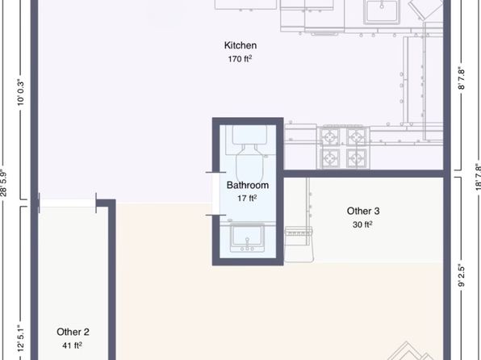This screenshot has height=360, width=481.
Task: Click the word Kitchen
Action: pos(240,45)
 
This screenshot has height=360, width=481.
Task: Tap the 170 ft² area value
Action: pos(240,58)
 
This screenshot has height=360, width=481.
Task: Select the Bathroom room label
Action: pos(247,184)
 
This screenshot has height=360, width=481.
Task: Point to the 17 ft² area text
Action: pos(247,197)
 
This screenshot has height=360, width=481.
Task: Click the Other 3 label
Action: pos(363,211)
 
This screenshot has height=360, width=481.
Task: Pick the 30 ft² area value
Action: pos(363,224)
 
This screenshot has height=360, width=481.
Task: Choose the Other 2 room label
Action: pos(73,332)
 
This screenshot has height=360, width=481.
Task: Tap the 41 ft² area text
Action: pos(73,345)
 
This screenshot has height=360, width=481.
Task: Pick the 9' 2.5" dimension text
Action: pos(462,276)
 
